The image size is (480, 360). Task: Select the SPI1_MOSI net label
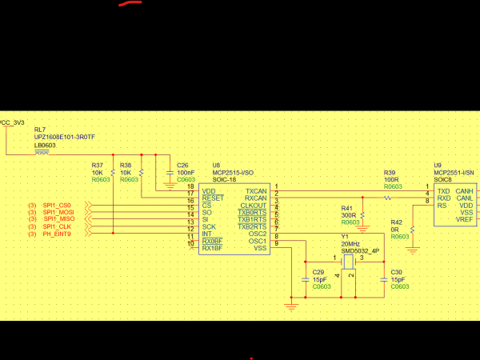pos(60,213)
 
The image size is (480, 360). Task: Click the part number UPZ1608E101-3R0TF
pos(64,137)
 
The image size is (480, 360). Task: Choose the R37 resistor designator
pos(97,166)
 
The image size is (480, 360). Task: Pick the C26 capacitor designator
pos(182,166)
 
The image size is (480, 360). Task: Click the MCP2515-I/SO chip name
pos(232,172)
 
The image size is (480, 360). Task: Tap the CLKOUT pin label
pos(254,206)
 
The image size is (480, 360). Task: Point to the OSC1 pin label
pos(258,241)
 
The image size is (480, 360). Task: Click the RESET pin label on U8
pos(214,198)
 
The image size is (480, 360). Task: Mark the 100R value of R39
pos(390,179)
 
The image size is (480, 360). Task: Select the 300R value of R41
pos(350,216)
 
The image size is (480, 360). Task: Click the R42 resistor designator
pos(397,222)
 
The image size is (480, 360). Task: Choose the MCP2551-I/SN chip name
pos(454,172)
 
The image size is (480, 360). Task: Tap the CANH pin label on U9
pos(465,191)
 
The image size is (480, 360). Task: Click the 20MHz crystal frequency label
pos(351,244)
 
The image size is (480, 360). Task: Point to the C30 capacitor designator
pos(396,272)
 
